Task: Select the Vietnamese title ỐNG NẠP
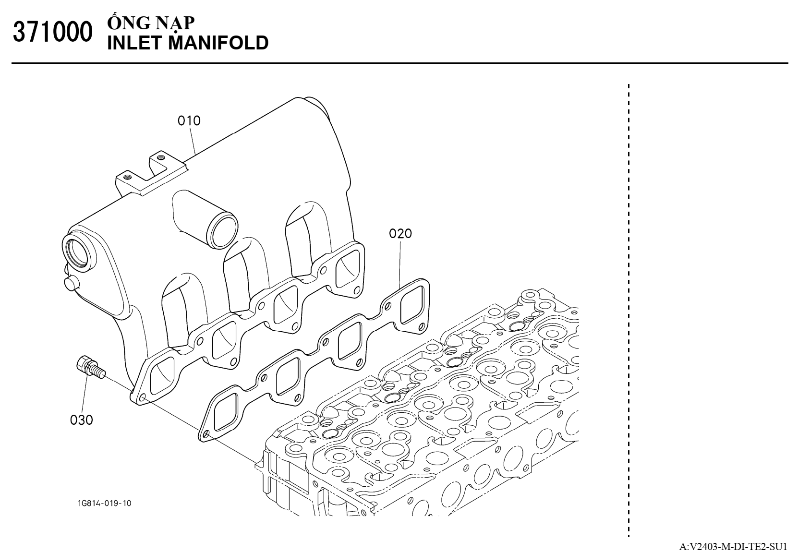(x=151, y=24)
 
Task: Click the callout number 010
(x=189, y=120)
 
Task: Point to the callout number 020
(x=400, y=234)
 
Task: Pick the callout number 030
(x=82, y=420)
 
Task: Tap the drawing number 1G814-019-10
(x=104, y=503)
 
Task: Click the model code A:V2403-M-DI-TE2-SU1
(x=733, y=546)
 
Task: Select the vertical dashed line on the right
(x=628, y=307)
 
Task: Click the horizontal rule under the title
(x=399, y=63)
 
